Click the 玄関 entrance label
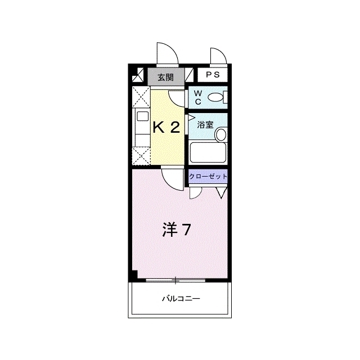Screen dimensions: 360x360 (165, 78)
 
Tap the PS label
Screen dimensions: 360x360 (213, 74)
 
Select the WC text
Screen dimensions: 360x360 (198, 97)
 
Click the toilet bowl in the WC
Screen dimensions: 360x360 (215, 97)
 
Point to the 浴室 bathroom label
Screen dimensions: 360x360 (205, 125)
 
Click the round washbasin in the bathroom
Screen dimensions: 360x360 (221, 134)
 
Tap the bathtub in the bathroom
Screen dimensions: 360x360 (208, 152)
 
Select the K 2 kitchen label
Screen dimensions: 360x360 (166, 127)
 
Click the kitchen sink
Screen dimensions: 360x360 (142, 116)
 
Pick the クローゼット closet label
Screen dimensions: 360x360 (208, 176)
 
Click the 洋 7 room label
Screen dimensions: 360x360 (176, 229)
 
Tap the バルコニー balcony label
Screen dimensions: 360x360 (181, 299)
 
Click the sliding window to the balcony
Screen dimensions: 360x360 (175, 280)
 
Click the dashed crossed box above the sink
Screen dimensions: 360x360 (141, 97)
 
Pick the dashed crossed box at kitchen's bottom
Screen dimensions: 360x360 (141, 156)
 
